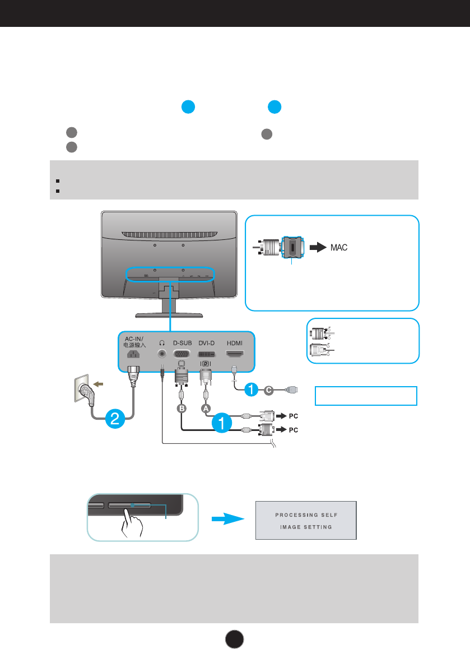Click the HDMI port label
pos(235,343)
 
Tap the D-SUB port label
pos(183,343)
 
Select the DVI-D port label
pos(207,343)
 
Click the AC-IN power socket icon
pos(133,354)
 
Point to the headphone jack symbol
pos(162,343)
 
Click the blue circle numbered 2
pos(115,419)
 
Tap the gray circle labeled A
pos(206,409)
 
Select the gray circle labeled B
pos(182,409)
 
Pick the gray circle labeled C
pos(269,390)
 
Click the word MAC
pos(339,248)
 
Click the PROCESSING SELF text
pos(306,515)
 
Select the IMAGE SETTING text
pos(306,527)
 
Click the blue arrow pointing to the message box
pos(228,518)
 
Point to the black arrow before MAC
pos(318,247)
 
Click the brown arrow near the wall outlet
pos(98,384)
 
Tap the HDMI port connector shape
pos(235,354)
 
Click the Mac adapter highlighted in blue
pos(292,247)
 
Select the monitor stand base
pos(169,316)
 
